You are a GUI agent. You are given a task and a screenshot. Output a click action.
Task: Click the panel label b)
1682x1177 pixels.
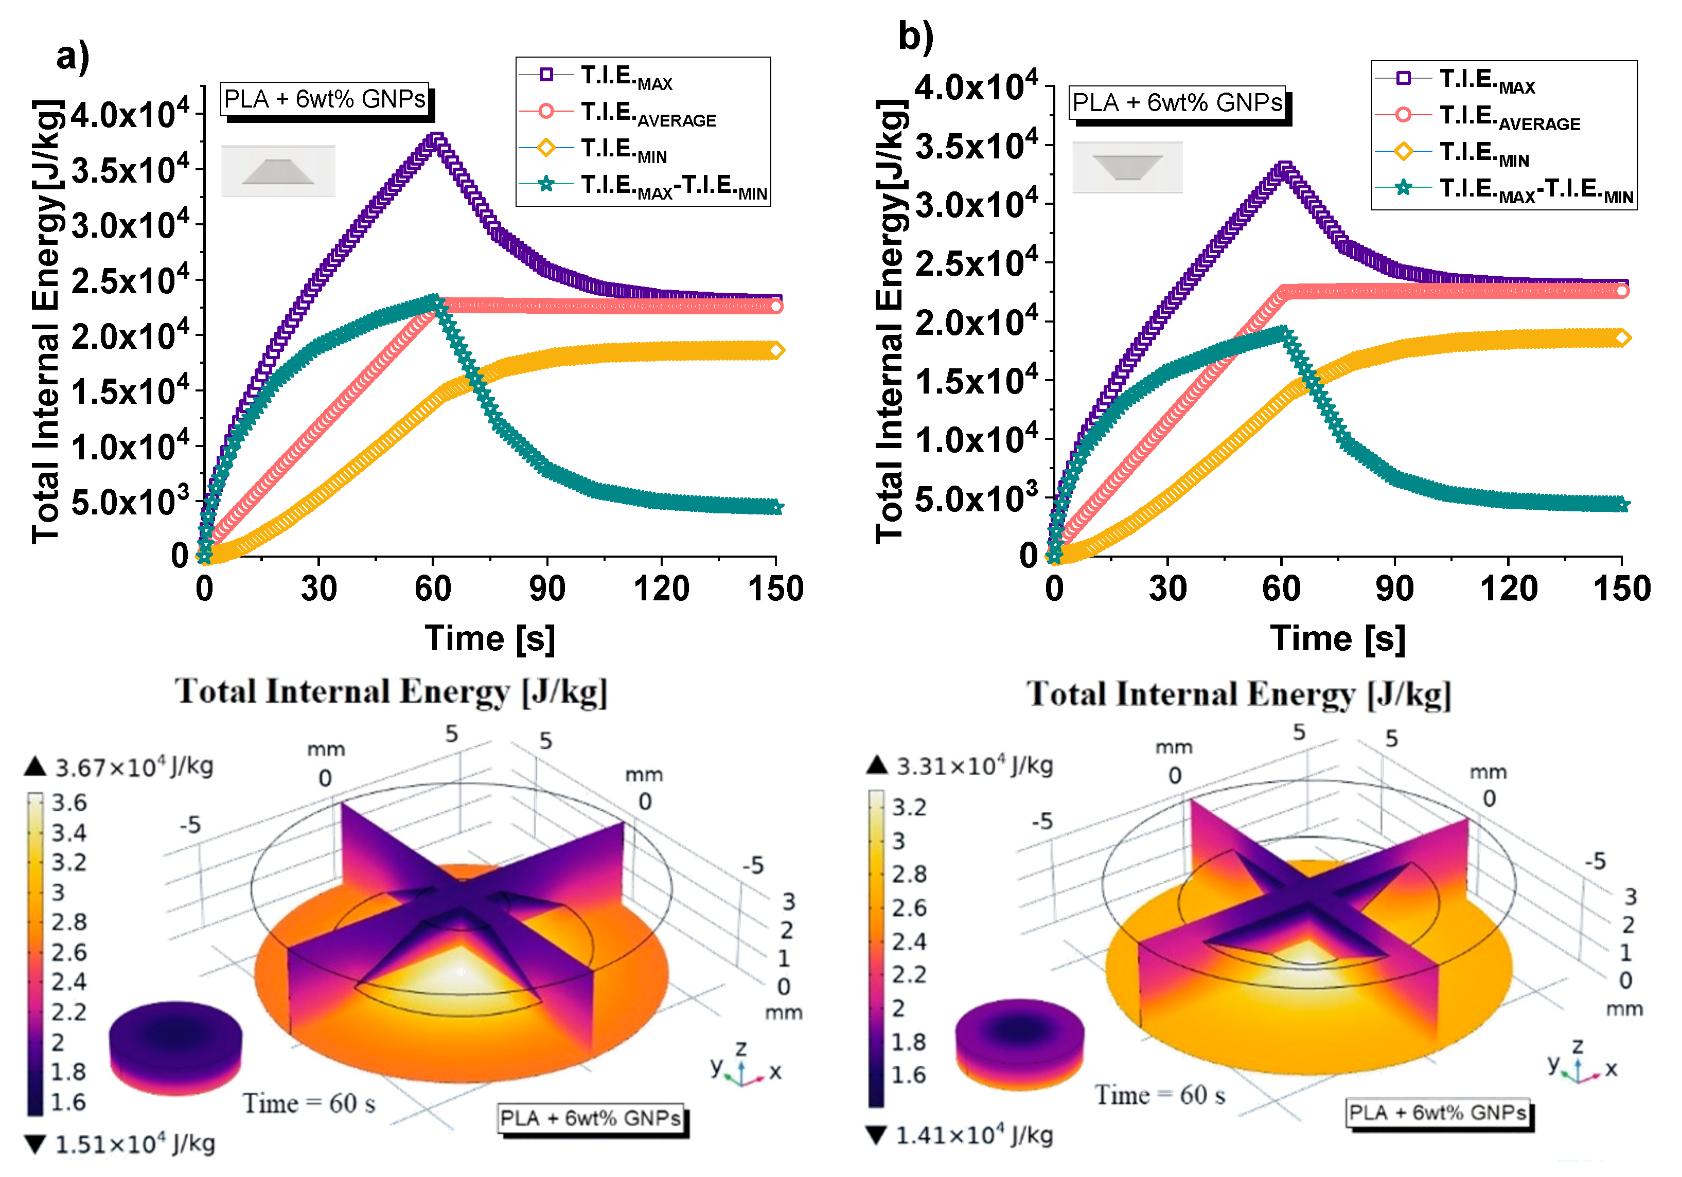point(915,36)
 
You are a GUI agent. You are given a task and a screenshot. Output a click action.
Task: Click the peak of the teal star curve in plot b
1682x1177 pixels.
point(1283,333)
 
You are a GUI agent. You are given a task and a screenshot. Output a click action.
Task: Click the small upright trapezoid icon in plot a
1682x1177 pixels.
point(278,171)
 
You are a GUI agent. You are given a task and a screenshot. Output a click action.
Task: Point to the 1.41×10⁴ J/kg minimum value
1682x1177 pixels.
point(973,1135)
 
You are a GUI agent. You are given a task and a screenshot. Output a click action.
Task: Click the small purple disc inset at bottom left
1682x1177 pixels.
point(174,1046)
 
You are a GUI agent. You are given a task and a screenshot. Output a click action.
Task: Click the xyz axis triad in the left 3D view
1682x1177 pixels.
point(743,1069)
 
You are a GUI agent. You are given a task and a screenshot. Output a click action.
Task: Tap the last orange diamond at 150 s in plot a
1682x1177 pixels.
point(776,350)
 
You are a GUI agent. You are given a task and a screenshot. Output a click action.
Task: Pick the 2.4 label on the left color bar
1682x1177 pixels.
point(68,982)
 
